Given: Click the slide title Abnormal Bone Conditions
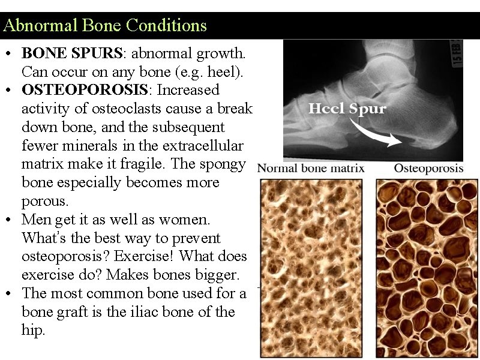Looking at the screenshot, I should [105, 26].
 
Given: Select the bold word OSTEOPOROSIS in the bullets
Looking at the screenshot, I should [121, 90].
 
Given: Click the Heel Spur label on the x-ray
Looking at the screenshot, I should [347, 109].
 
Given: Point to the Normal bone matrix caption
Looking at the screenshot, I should [311, 168].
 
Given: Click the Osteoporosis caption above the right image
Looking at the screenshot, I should [428, 168].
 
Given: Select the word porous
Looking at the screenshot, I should [42, 201].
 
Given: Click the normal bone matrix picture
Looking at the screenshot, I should [311, 267].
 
